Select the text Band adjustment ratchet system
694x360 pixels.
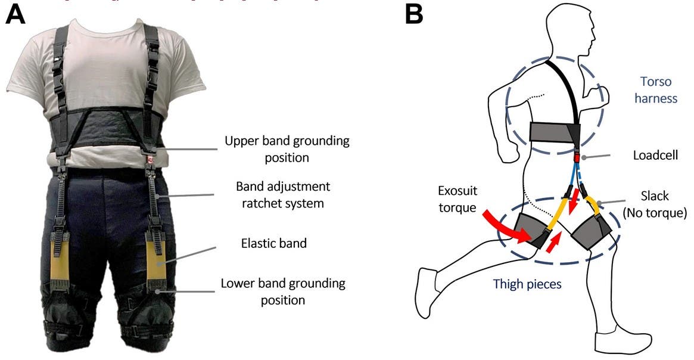pyautogui.click(x=283, y=195)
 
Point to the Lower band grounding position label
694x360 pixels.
pyautogui.click(x=282, y=291)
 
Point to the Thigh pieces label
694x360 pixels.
pyautogui.click(x=527, y=284)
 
